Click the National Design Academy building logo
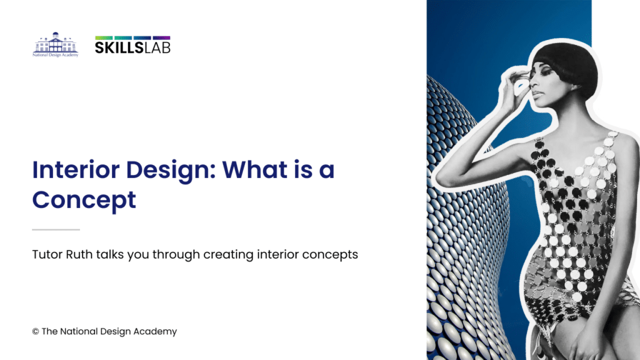click(x=56, y=44)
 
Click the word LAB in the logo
click(x=157, y=47)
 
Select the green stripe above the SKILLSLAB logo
click(x=104, y=37)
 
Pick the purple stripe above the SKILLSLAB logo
click(x=162, y=37)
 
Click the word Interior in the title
click(x=76, y=169)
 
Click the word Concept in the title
click(x=84, y=201)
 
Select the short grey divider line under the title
click(x=56, y=230)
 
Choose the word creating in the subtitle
click(x=228, y=255)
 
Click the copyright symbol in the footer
click(x=36, y=331)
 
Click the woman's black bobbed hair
click(x=567, y=65)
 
